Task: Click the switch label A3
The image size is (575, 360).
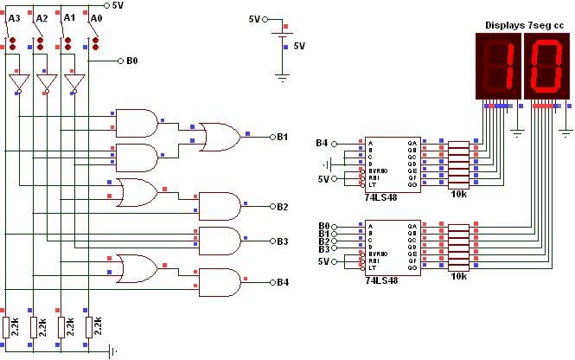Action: (14, 16)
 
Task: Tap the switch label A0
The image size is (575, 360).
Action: (97, 16)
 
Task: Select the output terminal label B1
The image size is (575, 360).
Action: (283, 137)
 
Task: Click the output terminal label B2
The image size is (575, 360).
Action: (283, 207)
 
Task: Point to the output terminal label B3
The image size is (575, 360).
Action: (283, 241)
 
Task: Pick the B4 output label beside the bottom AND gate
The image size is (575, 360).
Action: (283, 283)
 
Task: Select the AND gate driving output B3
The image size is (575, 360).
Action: (220, 241)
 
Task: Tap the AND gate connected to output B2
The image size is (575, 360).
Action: (220, 206)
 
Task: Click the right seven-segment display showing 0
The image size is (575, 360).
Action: (547, 67)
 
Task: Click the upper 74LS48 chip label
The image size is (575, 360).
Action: (381, 196)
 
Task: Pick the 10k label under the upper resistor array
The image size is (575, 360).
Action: (458, 196)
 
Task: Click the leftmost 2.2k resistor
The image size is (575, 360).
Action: (5, 326)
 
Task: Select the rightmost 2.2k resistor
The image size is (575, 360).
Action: (89, 326)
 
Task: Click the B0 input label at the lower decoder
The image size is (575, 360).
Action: (323, 226)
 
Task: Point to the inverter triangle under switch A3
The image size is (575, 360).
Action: (18, 83)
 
